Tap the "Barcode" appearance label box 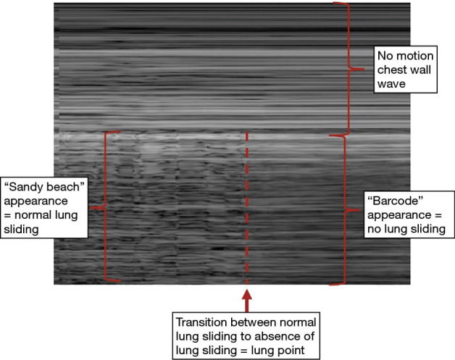pyautogui.click(x=405, y=215)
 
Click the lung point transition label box pyautogui.click(x=247, y=334)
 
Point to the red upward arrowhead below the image pyautogui.click(x=247, y=296)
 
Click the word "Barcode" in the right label pyautogui.click(x=394, y=199)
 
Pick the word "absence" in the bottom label pyautogui.click(x=298, y=333)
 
